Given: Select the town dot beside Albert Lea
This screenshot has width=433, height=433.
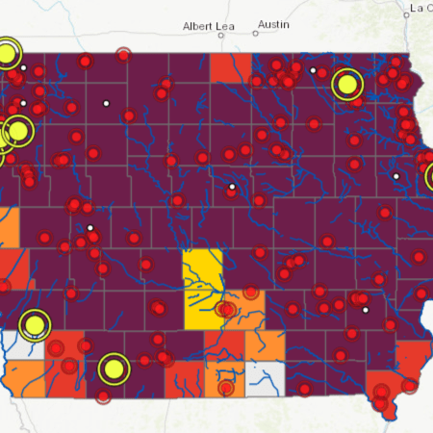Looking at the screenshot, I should [x=220, y=36].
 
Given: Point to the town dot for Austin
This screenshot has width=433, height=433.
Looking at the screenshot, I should [x=257, y=35].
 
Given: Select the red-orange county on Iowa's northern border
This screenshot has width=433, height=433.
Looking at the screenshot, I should [x=229, y=67].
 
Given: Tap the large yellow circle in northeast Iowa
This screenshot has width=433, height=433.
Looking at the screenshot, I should [x=347, y=85].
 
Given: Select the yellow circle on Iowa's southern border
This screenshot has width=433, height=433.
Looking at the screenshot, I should [x=114, y=368].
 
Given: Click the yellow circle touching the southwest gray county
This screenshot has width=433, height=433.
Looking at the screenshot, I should [x=36, y=324].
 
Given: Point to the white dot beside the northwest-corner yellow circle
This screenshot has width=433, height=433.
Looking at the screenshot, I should [x=23, y=67].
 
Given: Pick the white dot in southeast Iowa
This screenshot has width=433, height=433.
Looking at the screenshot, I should [x=365, y=310].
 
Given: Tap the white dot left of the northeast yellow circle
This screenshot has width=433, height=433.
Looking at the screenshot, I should [x=313, y=70].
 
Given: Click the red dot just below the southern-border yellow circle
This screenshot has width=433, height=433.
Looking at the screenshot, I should [x=104, y=395].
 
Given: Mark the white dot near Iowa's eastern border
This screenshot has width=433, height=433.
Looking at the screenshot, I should [x=395, y=176].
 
